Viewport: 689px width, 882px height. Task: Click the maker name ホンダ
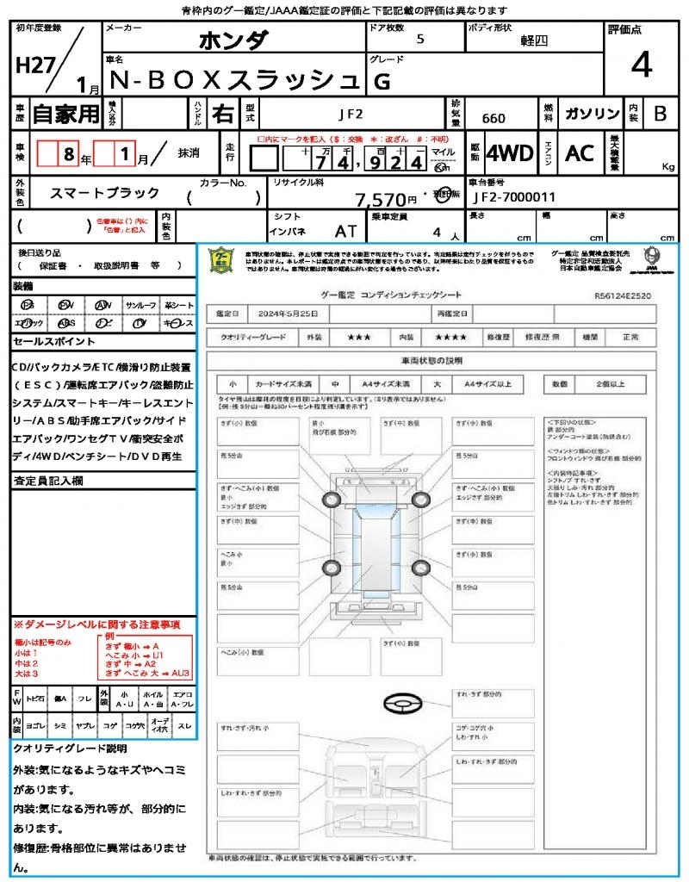coord(233,40)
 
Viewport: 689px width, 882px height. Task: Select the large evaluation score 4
coord(640,65)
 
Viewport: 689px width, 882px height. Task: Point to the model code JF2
coord(351,113)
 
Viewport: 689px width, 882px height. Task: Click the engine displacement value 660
coord(493,119)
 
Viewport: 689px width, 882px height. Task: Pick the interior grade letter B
coord(660,114)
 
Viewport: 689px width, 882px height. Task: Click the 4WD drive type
coord(510,153)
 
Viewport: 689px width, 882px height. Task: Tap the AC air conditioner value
coord(579,153)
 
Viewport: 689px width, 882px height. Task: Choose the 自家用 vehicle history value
coord(66,114)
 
